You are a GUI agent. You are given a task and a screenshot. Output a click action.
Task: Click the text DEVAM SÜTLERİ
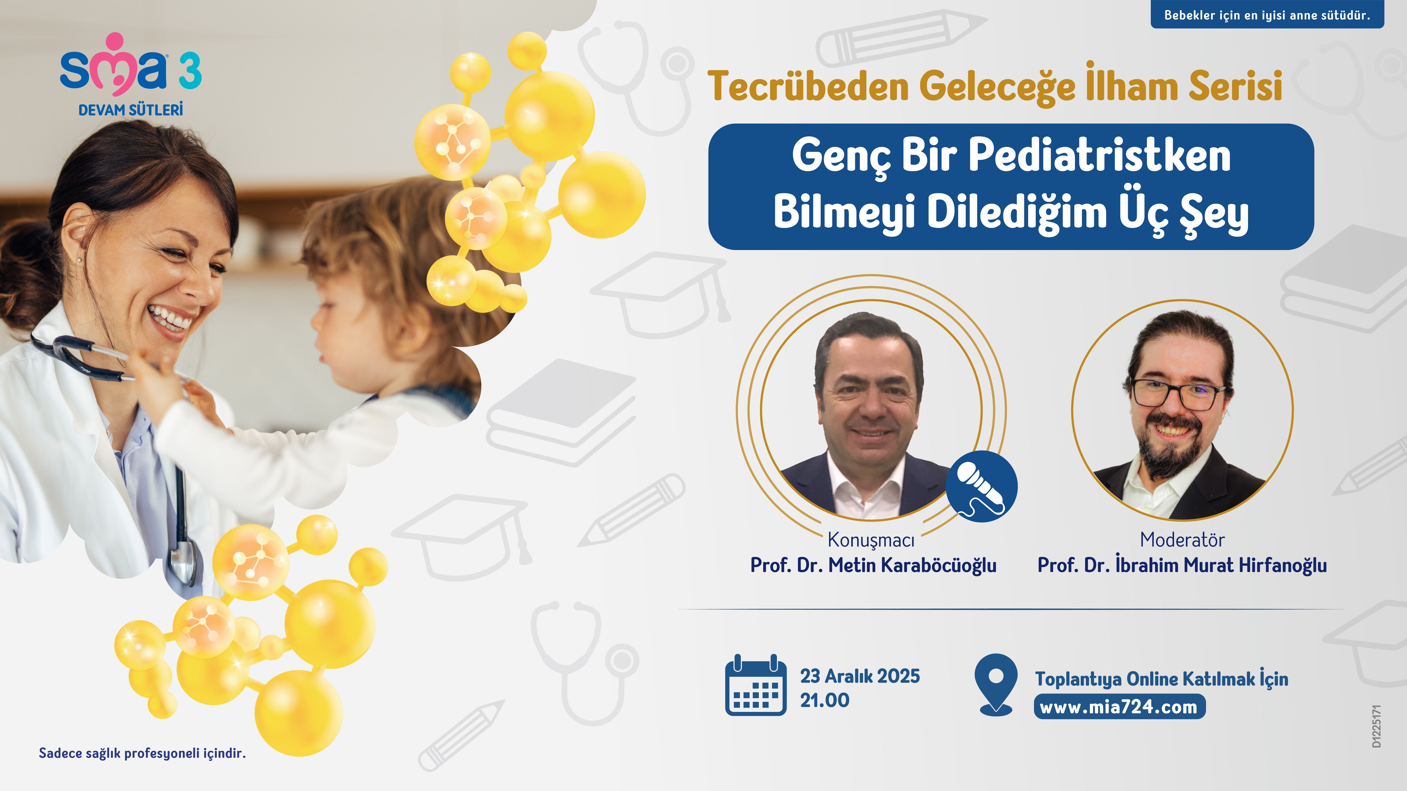point(130,110)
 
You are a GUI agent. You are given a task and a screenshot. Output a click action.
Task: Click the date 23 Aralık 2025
point(860,676)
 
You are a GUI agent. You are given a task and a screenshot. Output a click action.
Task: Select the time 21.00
point(825,700)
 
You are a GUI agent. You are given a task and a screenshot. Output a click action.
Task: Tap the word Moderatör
point(1182,539)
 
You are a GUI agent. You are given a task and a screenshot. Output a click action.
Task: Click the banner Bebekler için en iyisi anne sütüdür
point(1267,15)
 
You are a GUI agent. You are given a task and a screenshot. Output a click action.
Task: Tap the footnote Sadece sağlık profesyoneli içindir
point(142,753)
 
